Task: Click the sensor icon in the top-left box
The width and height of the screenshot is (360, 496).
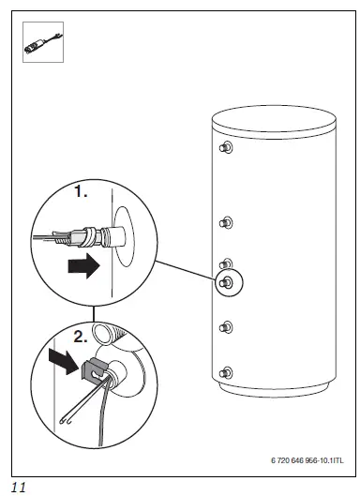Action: point(42,43)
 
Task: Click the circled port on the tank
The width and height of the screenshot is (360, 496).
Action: point(226,282)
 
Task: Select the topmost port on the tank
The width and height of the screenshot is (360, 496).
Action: point(225,148)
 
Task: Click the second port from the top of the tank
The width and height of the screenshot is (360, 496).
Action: point(225,222)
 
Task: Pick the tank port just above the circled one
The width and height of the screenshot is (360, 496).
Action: point(225,263)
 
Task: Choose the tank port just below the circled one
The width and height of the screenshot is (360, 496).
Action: point(225,327)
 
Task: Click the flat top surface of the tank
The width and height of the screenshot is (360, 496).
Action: point(273,120)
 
